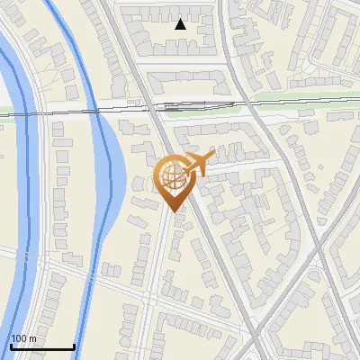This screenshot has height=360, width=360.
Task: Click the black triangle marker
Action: (181, 24)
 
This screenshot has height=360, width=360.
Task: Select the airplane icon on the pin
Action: (196, 162)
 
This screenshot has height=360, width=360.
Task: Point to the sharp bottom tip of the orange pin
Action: (175, 211)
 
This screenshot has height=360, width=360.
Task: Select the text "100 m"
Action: (23, 338)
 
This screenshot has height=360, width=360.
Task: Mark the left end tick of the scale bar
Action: (11, 345)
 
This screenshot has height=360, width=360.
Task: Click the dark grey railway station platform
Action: (193, 105)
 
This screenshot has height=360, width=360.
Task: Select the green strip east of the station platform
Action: (288, 97)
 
